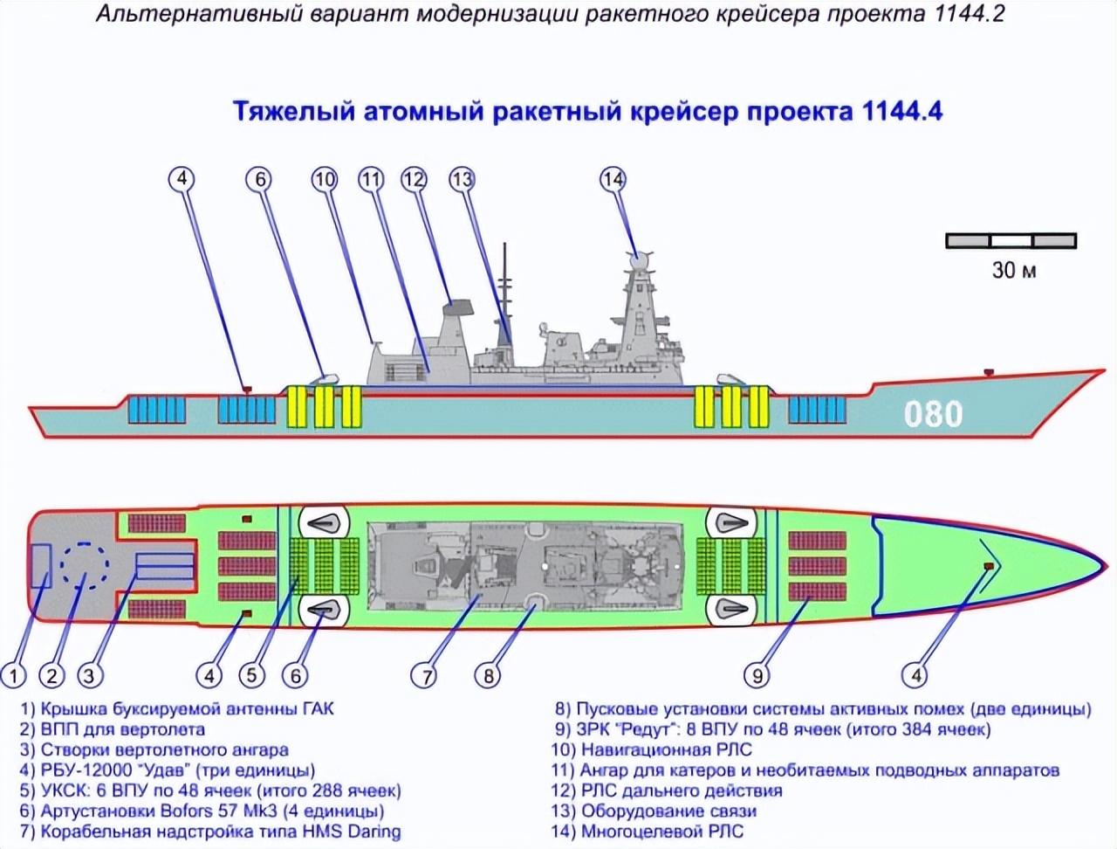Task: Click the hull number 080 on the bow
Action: click(x=933, y=413)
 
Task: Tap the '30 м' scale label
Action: click(x=1013, y=270)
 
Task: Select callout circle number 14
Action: click(x=613, y=179)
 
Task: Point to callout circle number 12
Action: click(x=414, y=179)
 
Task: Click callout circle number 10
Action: click(x=325, y=179)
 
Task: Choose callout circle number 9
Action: click(x=757, y=675)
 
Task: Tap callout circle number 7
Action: click(x=424, y=675)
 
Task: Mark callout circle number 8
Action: click(x=488, y=675)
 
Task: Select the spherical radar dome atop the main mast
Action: click(x=640, y=259)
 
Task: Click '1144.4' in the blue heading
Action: click(x=901, y=112)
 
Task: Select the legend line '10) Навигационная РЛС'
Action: click(x=651, y=749)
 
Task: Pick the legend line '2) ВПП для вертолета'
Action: click(x=113, y=728)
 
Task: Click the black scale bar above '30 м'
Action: click(x=1011, y=240)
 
